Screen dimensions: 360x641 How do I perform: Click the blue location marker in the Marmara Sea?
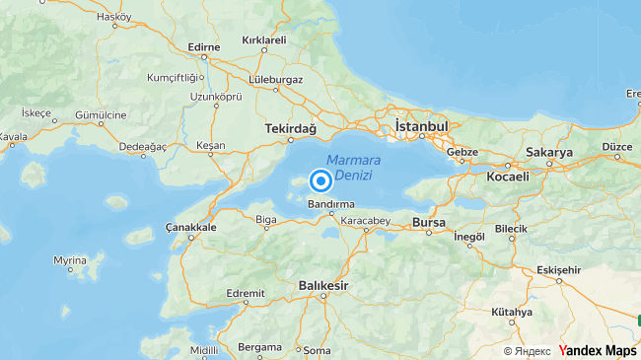(x=320, y=181)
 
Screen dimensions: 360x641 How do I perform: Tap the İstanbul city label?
(x=421, y=127)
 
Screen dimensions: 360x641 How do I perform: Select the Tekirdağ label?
(x=291, y=129)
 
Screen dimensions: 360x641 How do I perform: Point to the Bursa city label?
(x=430, y=221)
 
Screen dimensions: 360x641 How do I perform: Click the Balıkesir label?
(x=324, y=286)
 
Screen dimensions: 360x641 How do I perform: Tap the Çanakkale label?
(x=190, y=228)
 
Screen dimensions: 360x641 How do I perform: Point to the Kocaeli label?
(x=508, y=177)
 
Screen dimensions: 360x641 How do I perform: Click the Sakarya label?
(x=550, y=153)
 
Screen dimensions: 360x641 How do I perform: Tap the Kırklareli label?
(x=263, y=40)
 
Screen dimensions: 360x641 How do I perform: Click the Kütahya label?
(x=512, y=312)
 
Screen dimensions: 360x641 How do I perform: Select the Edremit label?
(x=246, y=293)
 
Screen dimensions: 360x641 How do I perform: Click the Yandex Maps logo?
(x=599, y=350)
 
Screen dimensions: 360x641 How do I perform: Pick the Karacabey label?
(x=367, y=220)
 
